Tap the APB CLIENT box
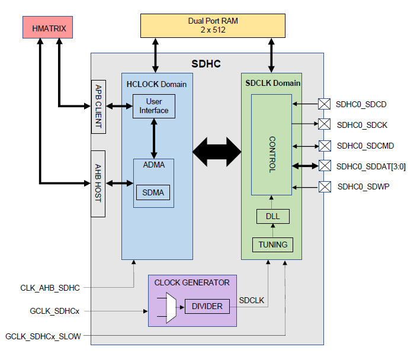[98, 107]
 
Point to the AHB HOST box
[98, 184]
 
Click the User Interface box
[153, 106]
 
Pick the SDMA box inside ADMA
[153, 192]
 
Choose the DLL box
[272, 216]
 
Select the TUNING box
[272, 244]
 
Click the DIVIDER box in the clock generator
[207, 306]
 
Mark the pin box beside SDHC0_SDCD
[324, 104]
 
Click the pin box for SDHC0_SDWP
[324, 187]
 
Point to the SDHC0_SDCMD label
[365, 146]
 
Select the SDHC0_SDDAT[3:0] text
[371, 166]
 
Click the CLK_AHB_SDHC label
[50, 288]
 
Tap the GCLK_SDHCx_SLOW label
[43, 336]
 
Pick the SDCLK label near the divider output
[252, 301]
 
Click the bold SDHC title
[206, 63]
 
